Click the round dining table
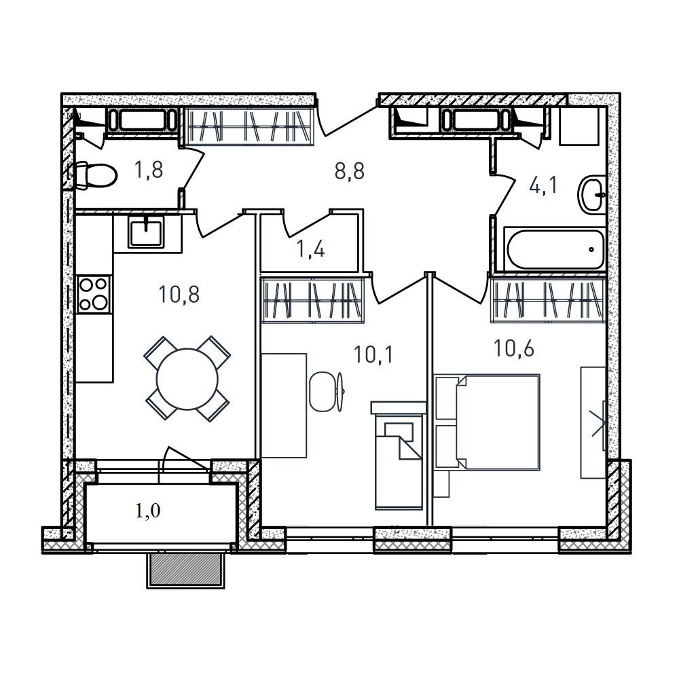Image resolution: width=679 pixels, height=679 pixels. click(187, 378)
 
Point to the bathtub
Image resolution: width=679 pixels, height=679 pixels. click(555, 249)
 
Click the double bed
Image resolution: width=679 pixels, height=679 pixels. click(487, 422)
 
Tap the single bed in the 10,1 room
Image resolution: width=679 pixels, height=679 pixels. click(399, 456)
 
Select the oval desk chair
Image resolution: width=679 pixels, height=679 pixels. click(323, 392)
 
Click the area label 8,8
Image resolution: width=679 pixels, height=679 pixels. click(350, 171)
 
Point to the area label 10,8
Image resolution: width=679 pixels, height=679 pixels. click(179, 295)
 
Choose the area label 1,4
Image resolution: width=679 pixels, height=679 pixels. click(310, 250)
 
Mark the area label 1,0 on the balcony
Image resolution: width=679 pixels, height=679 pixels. click(147, 511)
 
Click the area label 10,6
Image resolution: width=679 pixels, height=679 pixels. click(513, 349)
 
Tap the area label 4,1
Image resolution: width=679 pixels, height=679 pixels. click(544, 186)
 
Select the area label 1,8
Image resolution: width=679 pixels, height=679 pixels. click(149, 170)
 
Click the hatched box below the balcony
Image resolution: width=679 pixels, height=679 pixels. click(186, 570)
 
